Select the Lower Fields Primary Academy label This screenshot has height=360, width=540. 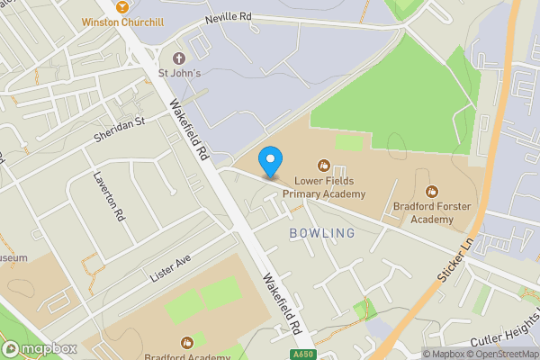point(324,186)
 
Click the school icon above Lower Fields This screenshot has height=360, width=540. point(323,165)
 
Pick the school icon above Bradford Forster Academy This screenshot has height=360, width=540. point(432,191)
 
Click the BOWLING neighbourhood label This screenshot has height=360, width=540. point(322,233)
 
